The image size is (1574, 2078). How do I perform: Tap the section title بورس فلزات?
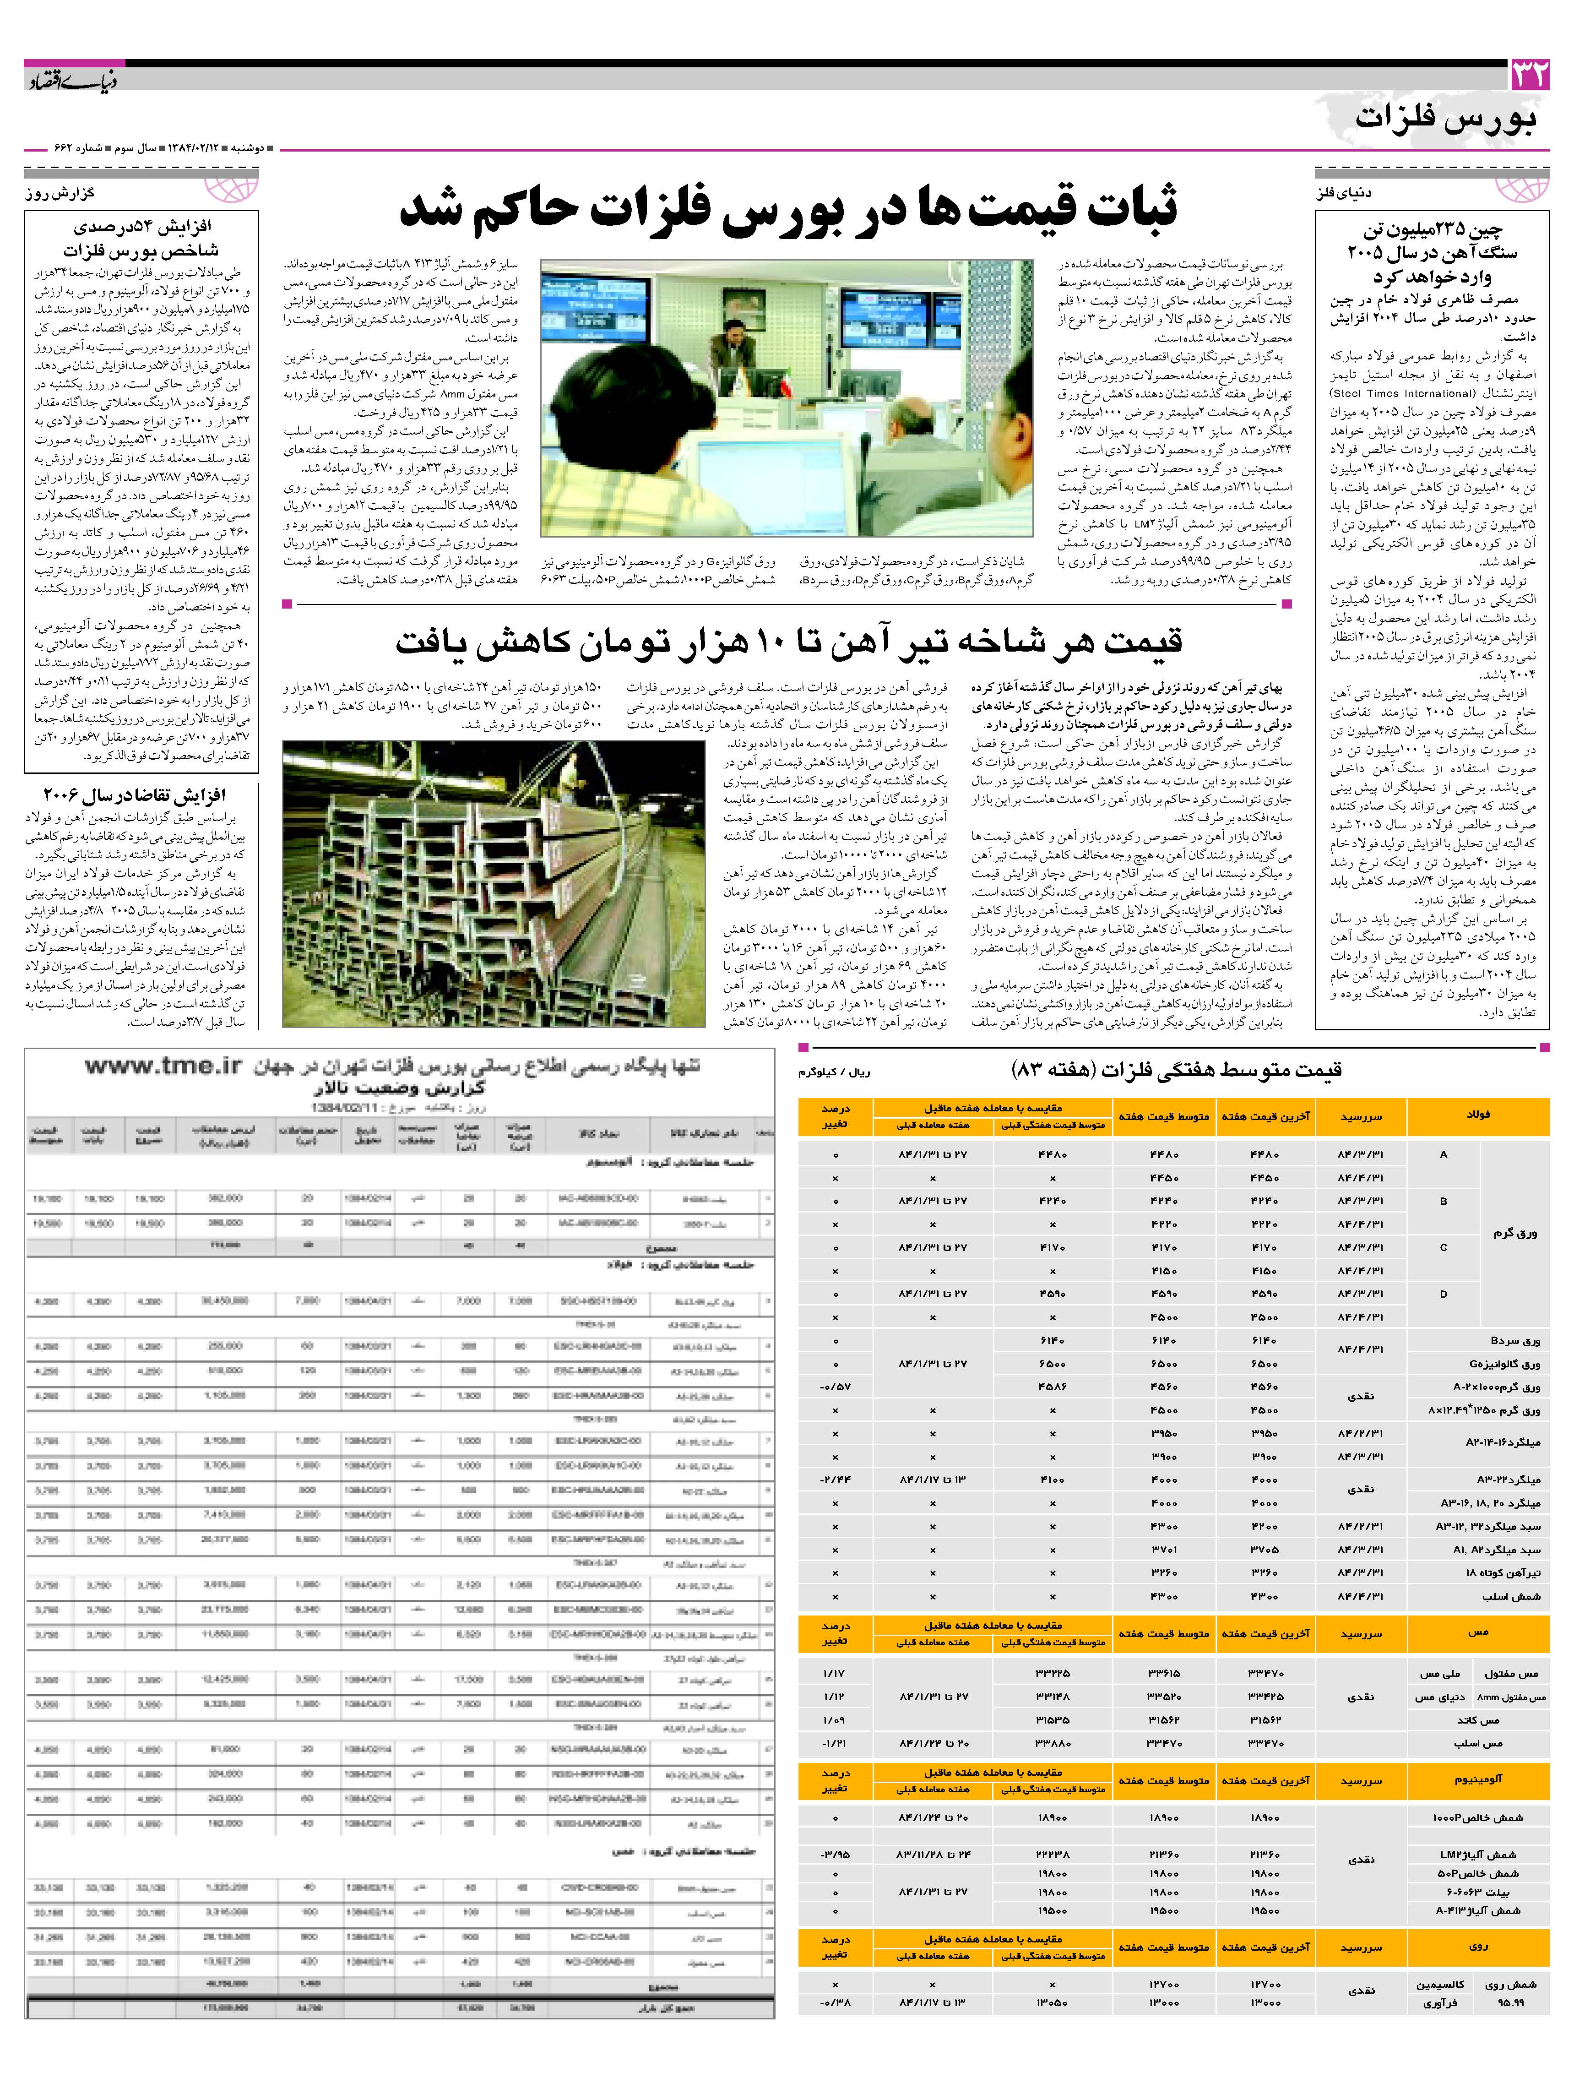pos(1446,120)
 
